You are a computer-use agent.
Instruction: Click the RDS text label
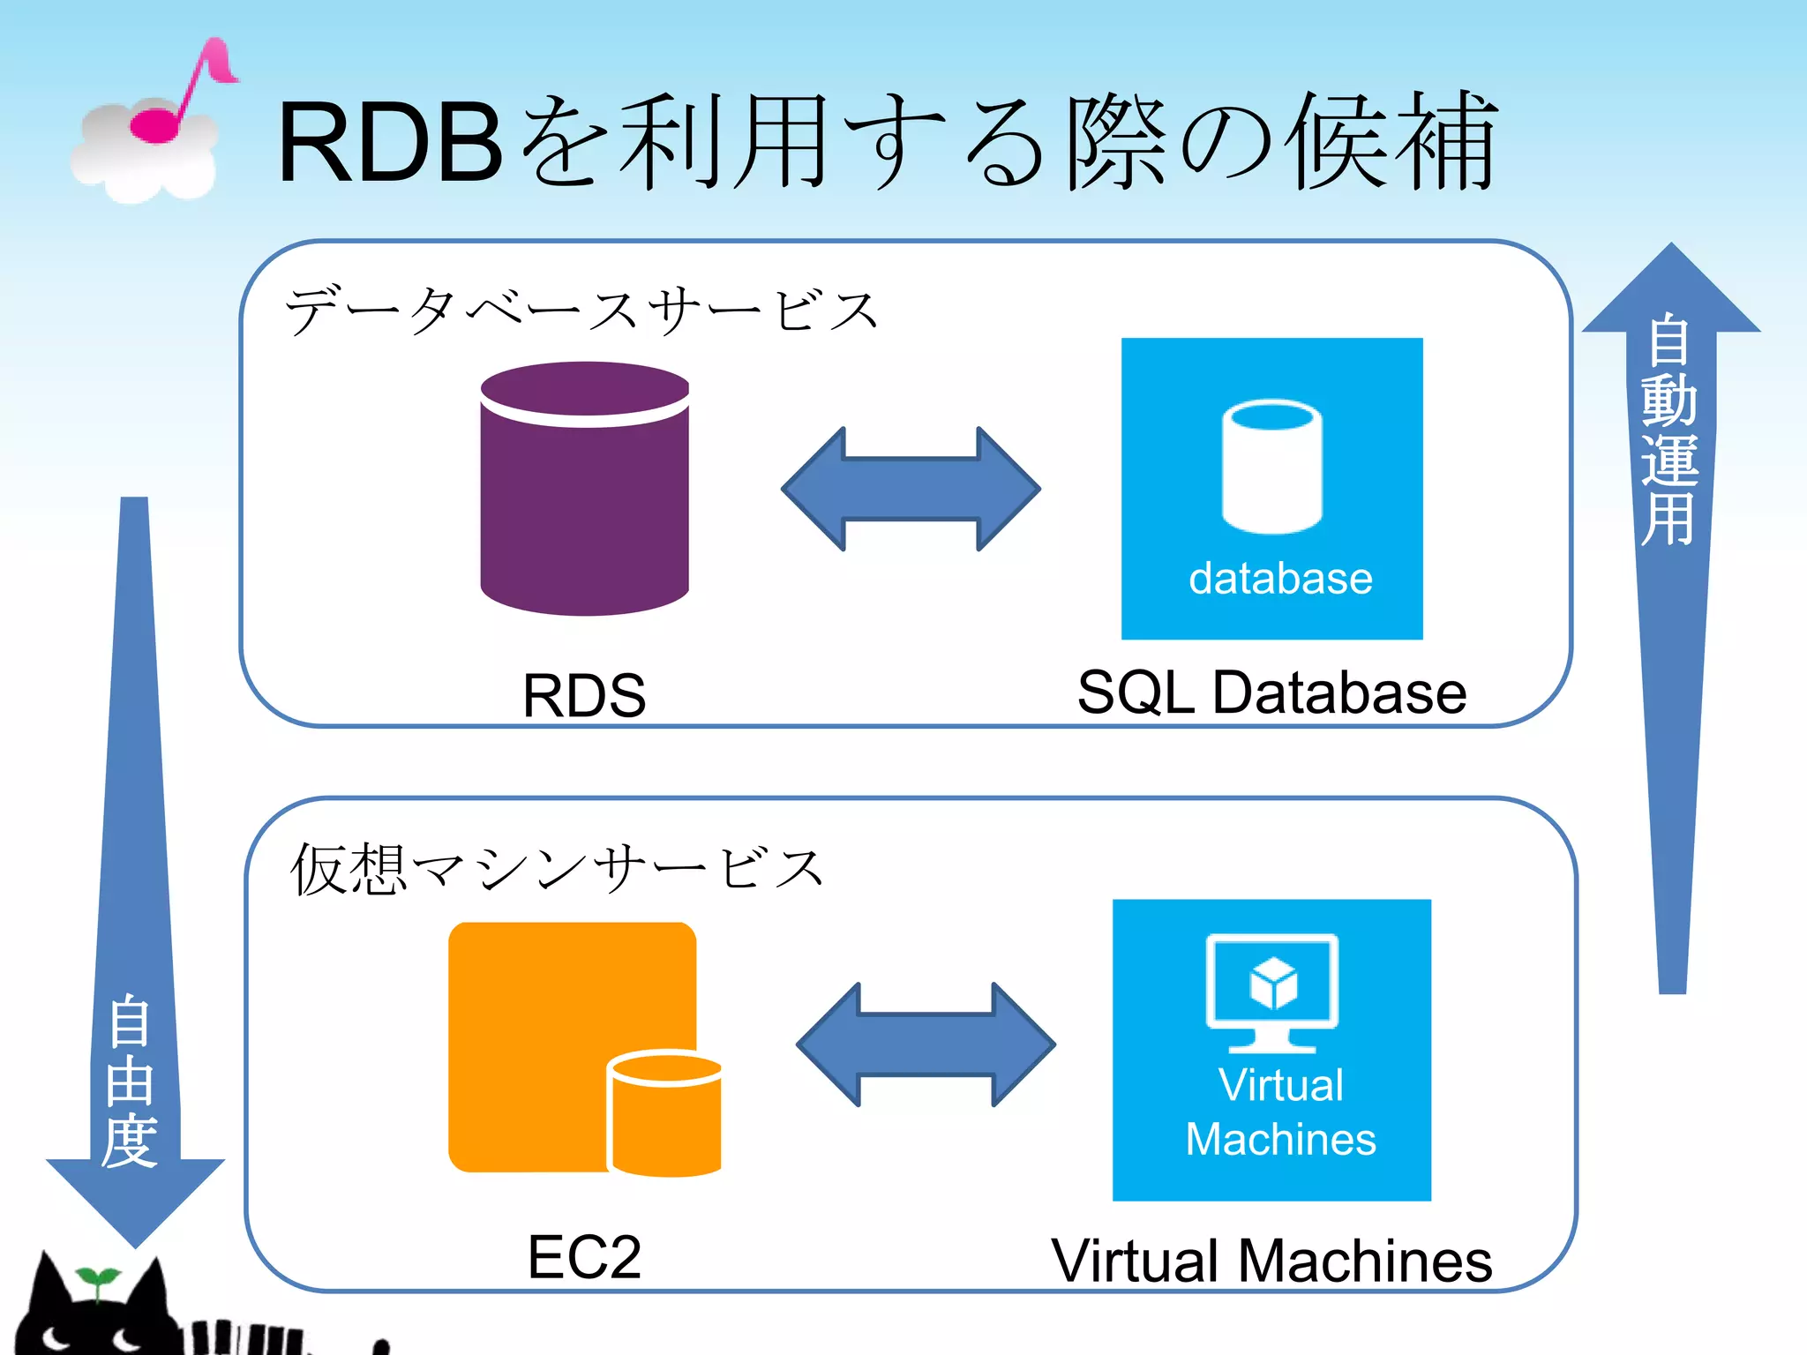(584, 695)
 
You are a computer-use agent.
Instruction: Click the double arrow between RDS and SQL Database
(911, 489)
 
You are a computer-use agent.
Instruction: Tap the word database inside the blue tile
(1280, 579)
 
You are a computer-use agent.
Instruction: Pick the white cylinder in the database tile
(1271, 467)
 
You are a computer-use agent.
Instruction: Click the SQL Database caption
(1271, 692)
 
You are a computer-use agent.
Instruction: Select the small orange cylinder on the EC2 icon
(665, 1113)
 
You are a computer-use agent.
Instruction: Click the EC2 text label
(584, 1257)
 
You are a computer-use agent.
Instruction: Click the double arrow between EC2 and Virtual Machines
(926, 1044)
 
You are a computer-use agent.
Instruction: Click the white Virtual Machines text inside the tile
(1280, 1112)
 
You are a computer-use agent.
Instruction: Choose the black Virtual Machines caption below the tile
(1271, 1261)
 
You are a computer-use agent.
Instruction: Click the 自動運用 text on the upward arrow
(1669, 429)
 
